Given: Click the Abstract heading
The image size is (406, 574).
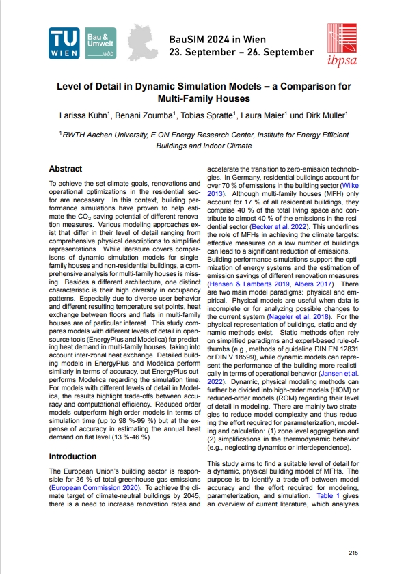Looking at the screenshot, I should tap(66, 169).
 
